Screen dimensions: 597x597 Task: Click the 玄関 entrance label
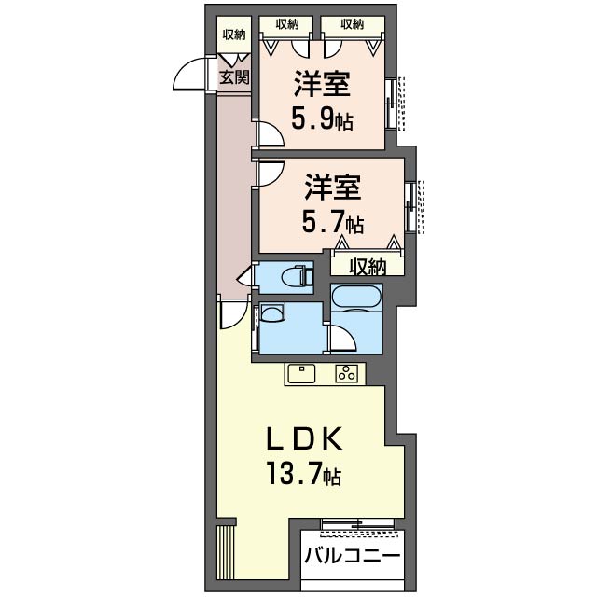[x=234, y=78]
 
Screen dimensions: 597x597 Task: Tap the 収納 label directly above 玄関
[x=234, y=35]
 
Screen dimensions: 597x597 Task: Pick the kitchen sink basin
[x=302, y=373]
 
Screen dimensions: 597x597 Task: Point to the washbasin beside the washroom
[x=271, y=313]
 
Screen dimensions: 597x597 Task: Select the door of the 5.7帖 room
[x=271, y=173]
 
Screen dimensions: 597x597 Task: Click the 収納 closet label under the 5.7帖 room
[x=368, y=267]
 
